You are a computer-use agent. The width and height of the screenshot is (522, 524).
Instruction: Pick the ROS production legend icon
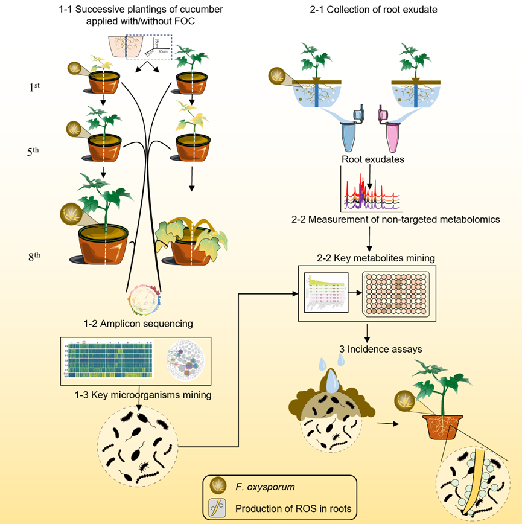click(215, 508)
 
